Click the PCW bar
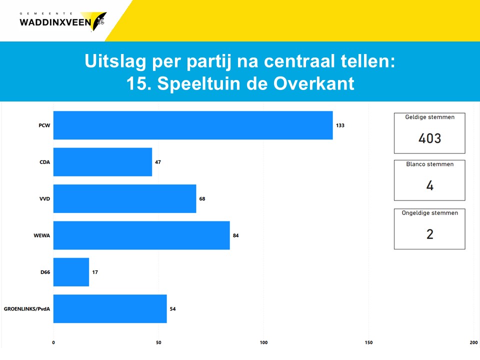[x=193, y=125]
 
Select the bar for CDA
[x=103, y=162]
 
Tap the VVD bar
[x=125, y=198]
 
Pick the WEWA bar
[x=141, y=235]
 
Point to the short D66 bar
[x=71, y=272]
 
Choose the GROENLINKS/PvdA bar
[x=110, y=309]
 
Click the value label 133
[x=340, y=125]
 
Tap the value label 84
[x=235, y=235]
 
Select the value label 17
[x=95, y=272]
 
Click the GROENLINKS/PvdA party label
[x=27, y=309]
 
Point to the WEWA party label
[x=42, y=235]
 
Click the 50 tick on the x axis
[x=158, y=342]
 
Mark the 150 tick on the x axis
[x=368, y=342]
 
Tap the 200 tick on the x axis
[x=473, y=342]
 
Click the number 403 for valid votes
[x=430, y=138]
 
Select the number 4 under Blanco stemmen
[x=430, y=185]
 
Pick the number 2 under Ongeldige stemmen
[x=430, y=234]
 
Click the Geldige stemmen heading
[x=430, y=117]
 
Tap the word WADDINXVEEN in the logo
[x=55, y=22]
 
